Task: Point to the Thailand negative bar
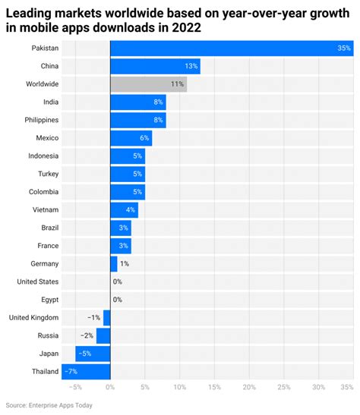[85, 372]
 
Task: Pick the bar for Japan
[93, 354]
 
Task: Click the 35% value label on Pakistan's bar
[344, 48]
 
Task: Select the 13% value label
[191, 66]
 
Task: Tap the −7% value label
[71, 372]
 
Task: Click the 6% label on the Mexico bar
[144, 137]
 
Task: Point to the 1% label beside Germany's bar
[125, 263]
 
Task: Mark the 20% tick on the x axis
[249, 388]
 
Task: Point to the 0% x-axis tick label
[110, 388]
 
